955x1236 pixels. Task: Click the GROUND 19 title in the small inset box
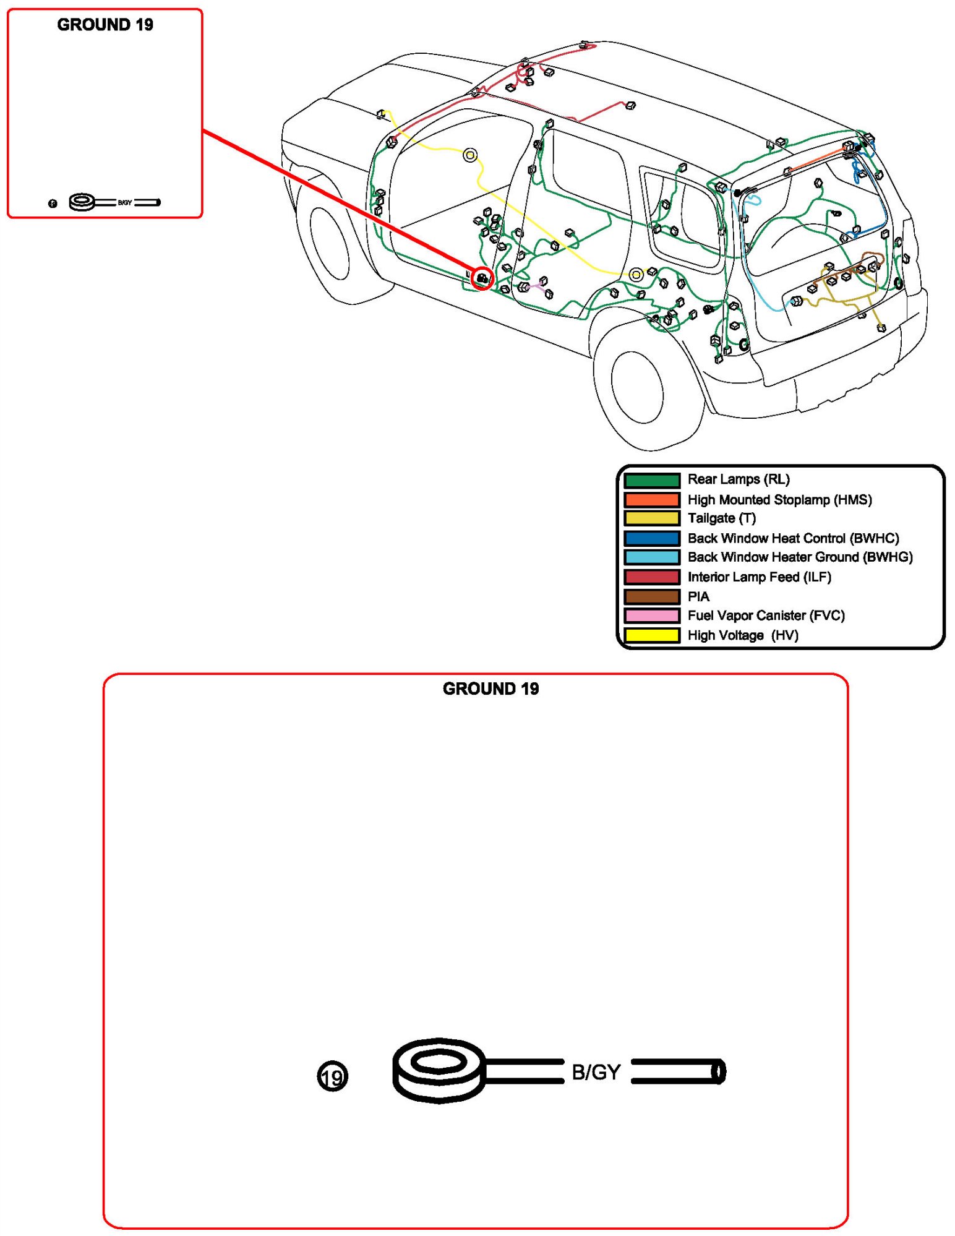click(x=105, y=25)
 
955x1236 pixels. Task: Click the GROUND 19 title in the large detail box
click(x=490, y=689)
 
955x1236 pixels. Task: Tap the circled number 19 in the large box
click(x=332, y=1077)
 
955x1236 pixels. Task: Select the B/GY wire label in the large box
click(x=596, y=1072)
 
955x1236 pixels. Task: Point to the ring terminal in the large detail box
click(x=439, y=1070)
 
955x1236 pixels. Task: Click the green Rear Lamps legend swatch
click(x=651, y=480)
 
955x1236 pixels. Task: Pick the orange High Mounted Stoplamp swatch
click(x=651, y=499)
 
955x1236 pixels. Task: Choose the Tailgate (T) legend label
click(x=721, y=518)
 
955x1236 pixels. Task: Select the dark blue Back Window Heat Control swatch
click(x=651, y=538)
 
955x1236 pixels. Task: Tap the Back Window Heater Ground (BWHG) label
click(x=800, y=557)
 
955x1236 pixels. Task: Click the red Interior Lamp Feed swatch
click(x=651, y=577)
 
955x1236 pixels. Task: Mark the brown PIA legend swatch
click(x=651, y=597)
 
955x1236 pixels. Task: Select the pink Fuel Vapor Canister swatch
click(x=651, y=616)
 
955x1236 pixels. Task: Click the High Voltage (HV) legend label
click(x=742, y=635)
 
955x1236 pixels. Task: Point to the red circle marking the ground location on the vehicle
click(x=482, y=279)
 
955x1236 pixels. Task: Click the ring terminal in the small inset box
click(x=82, y=202)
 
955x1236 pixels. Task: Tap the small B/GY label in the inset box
click(x=125, y=203)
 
